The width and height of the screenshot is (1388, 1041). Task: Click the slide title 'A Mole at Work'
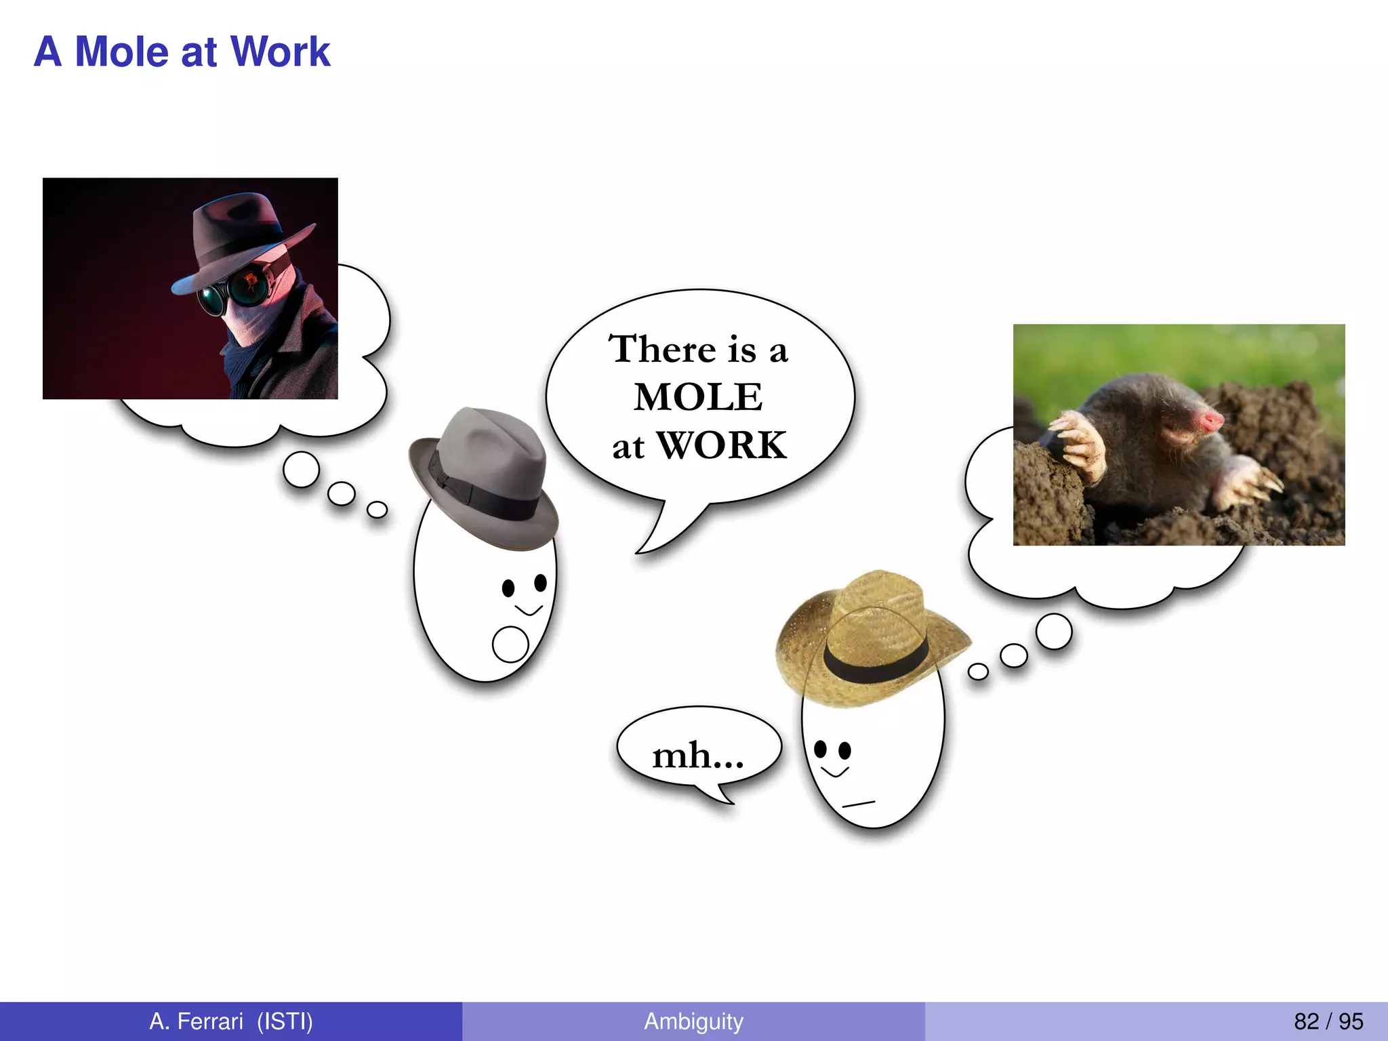click(182, 52)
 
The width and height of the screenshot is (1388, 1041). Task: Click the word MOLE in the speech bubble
click(698, 396)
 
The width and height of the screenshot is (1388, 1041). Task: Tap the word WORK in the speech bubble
click(722, 445)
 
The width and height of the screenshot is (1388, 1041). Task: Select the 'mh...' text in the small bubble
click(697, 755)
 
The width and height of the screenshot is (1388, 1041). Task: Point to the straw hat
click(871, 637)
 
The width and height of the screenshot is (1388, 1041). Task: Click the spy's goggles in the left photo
click(230, 291)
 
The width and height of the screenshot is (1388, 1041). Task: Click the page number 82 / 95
click(1328, 1021)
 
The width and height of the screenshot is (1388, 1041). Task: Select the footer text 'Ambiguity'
click(693, 1021)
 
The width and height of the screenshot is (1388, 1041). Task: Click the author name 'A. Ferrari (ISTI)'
click(231, 1021)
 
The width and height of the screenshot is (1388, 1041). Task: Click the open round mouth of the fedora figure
click(510, 644)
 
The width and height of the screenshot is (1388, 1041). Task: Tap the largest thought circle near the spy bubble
click(302, 469)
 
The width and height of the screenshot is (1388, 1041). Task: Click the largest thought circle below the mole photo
click(1054, 632)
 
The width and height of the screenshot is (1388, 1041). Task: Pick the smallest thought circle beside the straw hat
click(978, 672)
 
